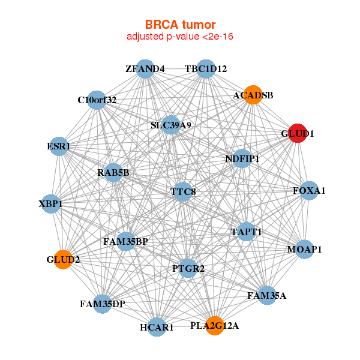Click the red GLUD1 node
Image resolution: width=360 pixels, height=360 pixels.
(293, 133)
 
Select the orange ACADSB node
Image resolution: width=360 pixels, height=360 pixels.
(253, 95)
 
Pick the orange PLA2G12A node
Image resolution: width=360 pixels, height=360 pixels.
(215, 326)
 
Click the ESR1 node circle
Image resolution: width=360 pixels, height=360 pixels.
(59, 146)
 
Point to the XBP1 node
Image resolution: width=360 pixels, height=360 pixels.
(51, 204)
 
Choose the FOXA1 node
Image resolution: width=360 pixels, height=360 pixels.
(309, 191)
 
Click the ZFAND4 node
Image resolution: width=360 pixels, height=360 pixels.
(145, 68)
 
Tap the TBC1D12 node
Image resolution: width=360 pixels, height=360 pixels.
(206, 68)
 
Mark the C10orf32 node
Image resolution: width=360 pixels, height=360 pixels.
(97, 100)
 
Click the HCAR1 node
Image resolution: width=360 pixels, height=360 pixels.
(157, 328)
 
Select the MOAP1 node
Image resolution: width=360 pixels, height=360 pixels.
(304, 249)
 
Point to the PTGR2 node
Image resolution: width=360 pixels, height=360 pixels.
(188, 268)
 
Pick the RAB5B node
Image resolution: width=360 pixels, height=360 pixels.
(113, 173)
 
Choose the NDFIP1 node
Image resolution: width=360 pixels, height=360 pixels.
(242, 159)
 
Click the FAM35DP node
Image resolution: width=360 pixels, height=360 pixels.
(103, 304)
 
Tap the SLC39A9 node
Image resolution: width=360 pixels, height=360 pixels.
(171, 125)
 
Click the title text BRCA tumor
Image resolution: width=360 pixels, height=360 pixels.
(180, 25)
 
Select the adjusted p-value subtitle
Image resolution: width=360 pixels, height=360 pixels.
(180, 37)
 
